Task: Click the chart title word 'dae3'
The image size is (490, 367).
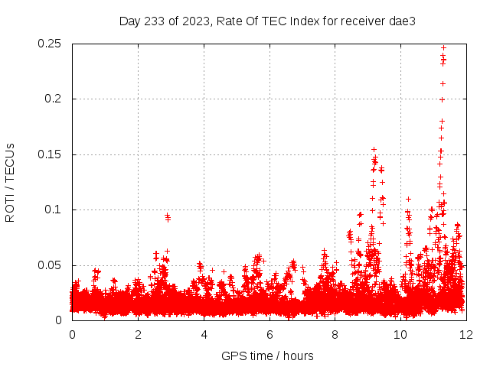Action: [403, 21]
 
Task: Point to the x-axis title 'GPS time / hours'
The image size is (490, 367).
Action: [267, 356]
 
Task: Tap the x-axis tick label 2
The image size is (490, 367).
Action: [138, 335]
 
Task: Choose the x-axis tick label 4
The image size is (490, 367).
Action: [204, 335]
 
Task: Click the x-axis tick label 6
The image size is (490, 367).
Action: [269, 335]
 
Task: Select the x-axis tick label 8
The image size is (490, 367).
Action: [335, 335]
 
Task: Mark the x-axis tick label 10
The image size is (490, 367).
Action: [400, 335]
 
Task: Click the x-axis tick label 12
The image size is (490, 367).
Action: [466, 335]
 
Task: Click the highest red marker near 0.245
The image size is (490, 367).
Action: [443, 48]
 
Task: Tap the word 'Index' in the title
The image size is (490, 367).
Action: [306, 21]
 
